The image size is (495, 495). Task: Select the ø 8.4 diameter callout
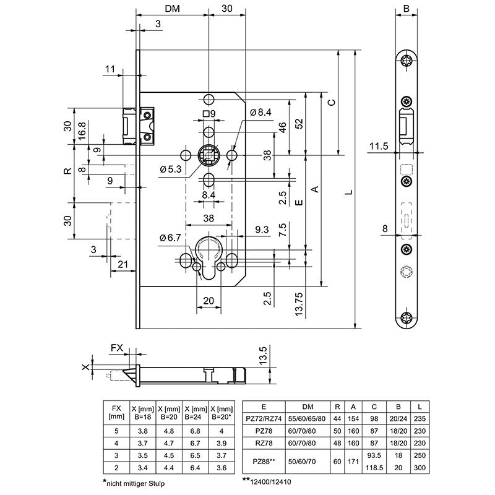261,113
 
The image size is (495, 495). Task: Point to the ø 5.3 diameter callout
170,169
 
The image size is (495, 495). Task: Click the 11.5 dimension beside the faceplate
377,147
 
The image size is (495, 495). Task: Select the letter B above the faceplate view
407,9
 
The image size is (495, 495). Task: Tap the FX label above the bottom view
116,348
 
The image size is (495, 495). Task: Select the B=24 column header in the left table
196,411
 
